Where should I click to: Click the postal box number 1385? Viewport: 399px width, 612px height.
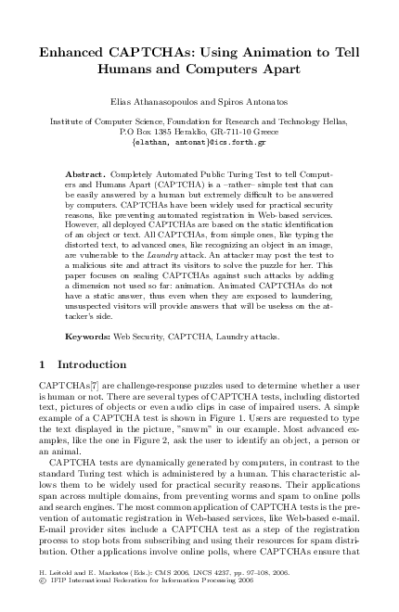point(176,132)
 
